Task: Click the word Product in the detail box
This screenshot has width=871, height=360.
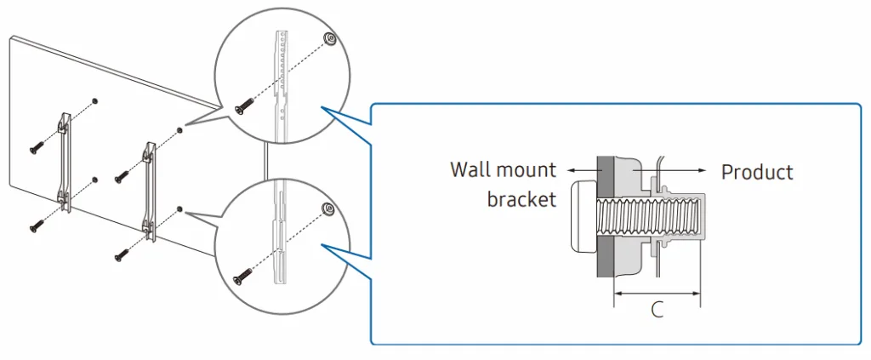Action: [x=756, y=172]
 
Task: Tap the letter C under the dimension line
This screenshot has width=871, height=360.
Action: [x=657, y=310]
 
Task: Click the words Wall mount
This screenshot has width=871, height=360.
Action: [x=503, y=169]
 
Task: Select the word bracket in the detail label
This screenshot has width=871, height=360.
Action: [x=521, y=199]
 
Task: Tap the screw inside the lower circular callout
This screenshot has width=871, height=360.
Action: [x=243, y=275]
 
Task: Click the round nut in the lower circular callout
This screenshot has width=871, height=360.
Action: [x=327, y=209]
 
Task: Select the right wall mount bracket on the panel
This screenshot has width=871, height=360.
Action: [x=150, y=189]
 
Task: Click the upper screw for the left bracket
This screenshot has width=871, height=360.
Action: [x=37, y=146]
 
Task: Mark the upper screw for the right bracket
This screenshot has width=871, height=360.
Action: [x=122, y=175]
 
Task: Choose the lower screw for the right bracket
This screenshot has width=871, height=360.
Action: [x=122, y=252]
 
